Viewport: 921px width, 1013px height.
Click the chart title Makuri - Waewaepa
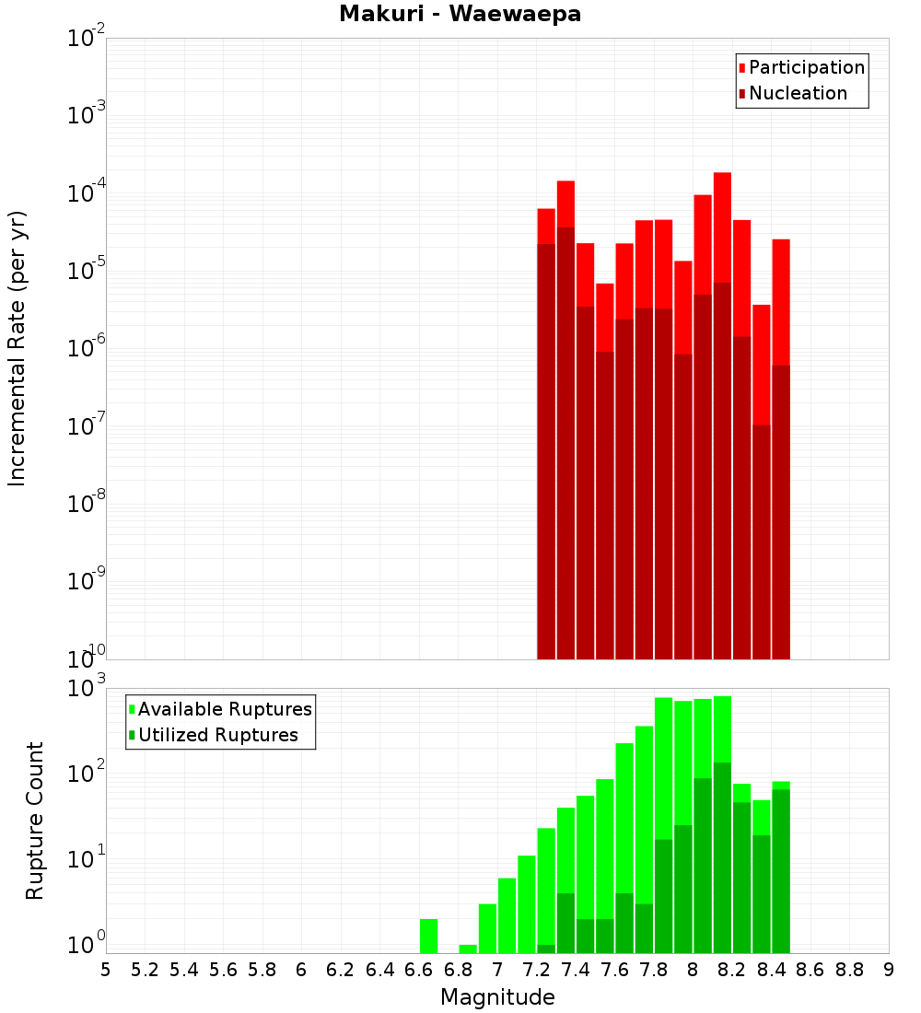click(460, 15)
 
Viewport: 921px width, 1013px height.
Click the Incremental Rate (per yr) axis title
click(17, 348)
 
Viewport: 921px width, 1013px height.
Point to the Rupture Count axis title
click(35, 820)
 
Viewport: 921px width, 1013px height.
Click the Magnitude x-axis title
click(497, 997)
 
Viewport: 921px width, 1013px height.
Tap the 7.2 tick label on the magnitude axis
click(537, 970)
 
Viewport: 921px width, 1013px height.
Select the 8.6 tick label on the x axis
click(810, 970)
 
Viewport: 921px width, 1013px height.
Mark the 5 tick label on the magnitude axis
click(106, 970)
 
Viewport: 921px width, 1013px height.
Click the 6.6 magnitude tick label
click(419, 970)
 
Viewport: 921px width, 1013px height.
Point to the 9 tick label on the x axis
click(889, 970)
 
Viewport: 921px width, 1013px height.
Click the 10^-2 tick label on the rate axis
click(87, 39)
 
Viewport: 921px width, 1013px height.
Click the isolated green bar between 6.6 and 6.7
click(428, 936)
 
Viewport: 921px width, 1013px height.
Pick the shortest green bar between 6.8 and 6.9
click(468, 949)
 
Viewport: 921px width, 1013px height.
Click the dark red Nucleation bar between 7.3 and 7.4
click(565, 442)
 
